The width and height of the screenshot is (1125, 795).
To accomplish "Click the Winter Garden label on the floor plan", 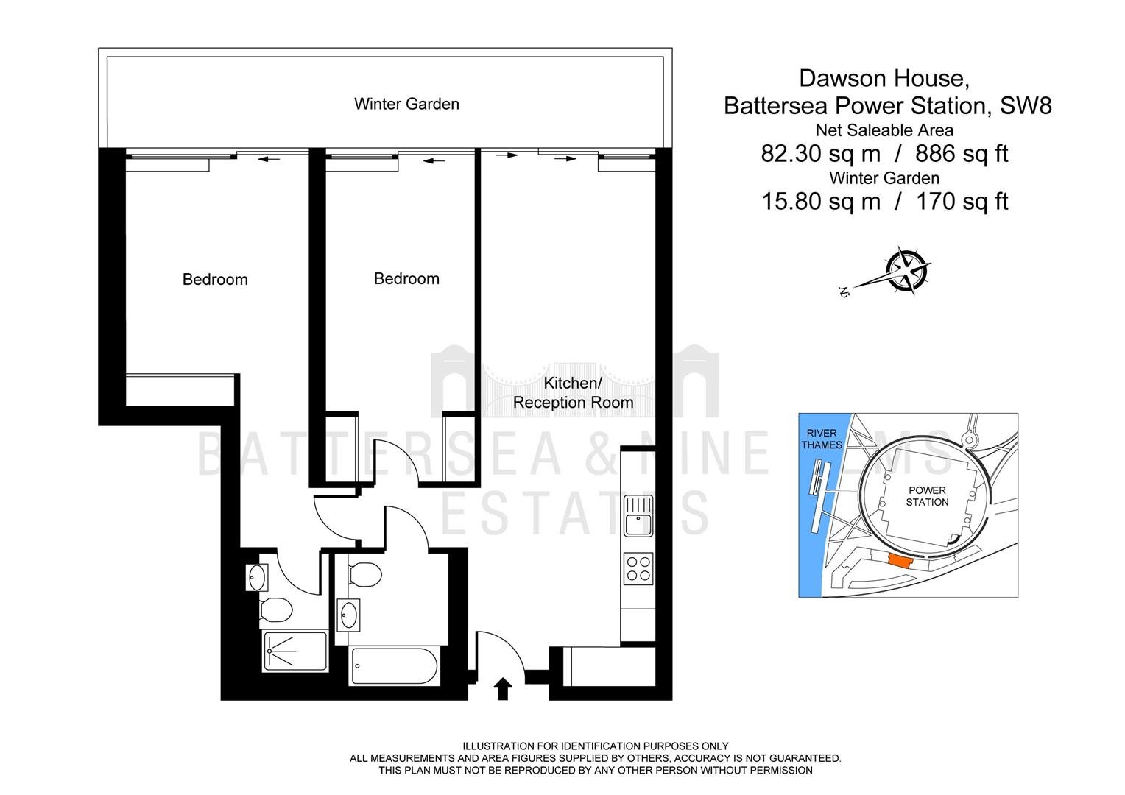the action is tap(406, 104).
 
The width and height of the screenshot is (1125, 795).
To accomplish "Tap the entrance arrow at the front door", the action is tap(503, 688).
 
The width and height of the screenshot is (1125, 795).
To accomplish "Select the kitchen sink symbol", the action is tap(638, 516).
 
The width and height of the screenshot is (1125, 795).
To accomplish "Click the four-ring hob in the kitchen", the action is tap(638, 568).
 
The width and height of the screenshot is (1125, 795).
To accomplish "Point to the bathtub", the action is tap(394, 666).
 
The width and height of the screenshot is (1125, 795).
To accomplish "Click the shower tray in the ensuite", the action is tap(295, 651).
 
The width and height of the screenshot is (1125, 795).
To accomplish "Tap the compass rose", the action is tap(906, 271).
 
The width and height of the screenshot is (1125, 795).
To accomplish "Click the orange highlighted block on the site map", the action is tap(901, 561).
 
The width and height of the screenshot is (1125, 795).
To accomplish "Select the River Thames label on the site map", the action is tap(822, 439).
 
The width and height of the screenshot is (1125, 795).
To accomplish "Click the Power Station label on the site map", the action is tap(927, 496).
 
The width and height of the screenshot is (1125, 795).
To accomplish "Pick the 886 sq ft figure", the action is tap(962, 154).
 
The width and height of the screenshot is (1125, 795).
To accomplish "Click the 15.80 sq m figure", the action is tap(821, 202).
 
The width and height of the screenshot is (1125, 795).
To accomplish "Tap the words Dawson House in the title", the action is tap(884, 78).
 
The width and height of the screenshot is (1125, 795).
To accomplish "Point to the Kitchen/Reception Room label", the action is tap(573, 393).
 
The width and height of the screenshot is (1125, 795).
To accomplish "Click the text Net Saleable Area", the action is tap(884, 130).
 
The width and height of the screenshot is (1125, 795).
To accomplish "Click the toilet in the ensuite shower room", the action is tap(276, 609).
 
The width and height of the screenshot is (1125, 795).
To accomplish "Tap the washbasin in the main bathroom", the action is tap(348, 615).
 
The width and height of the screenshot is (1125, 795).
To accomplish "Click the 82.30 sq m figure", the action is tap(821, 154).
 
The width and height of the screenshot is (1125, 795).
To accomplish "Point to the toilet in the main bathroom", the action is tap(365, 574).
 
